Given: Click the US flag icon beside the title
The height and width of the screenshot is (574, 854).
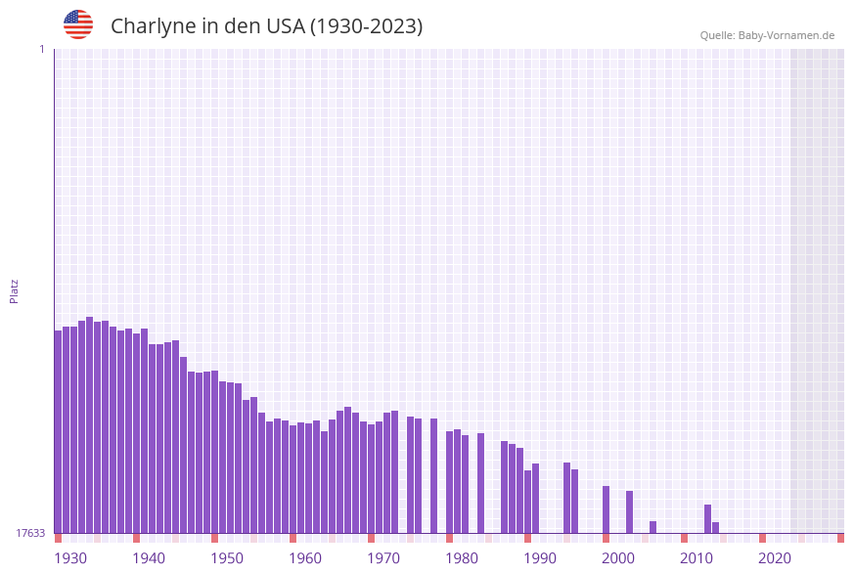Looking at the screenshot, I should coord(78,24).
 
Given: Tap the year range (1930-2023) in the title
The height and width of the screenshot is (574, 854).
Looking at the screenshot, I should coord(366,26).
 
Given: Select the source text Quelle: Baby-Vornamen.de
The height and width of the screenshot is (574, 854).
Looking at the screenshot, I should coord(766,35).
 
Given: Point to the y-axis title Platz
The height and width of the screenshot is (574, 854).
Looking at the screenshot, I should coord(14,290).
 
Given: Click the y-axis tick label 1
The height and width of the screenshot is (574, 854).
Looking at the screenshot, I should coord(41,49).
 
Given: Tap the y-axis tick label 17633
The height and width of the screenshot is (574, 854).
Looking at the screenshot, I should coord(29,533).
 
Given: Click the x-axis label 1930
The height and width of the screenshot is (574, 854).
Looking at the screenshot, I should coord(69,558).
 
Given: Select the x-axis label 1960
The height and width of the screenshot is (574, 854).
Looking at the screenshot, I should coord(305,558).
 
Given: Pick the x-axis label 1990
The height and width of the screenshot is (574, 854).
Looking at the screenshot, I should coord(540,558).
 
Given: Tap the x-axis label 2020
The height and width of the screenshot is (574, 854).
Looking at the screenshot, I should coord(775,558).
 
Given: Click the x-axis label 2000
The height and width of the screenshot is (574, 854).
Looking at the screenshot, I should coord(618,558).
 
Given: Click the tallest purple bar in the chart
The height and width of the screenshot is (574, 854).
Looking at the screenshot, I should coord(89,425).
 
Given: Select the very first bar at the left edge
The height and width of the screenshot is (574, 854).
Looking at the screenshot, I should coord(58,431).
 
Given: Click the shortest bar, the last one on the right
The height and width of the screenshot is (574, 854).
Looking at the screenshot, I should coord(715,528).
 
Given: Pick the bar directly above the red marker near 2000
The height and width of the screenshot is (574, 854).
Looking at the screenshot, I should coord(606,509).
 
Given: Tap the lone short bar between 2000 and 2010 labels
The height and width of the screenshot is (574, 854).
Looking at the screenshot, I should coord(652,527).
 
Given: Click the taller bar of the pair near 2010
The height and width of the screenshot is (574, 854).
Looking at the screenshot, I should coord(707,518).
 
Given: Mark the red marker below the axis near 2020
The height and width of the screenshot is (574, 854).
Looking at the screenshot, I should coord(762,538).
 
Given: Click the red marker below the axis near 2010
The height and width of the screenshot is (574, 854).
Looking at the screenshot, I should coord(684,538).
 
